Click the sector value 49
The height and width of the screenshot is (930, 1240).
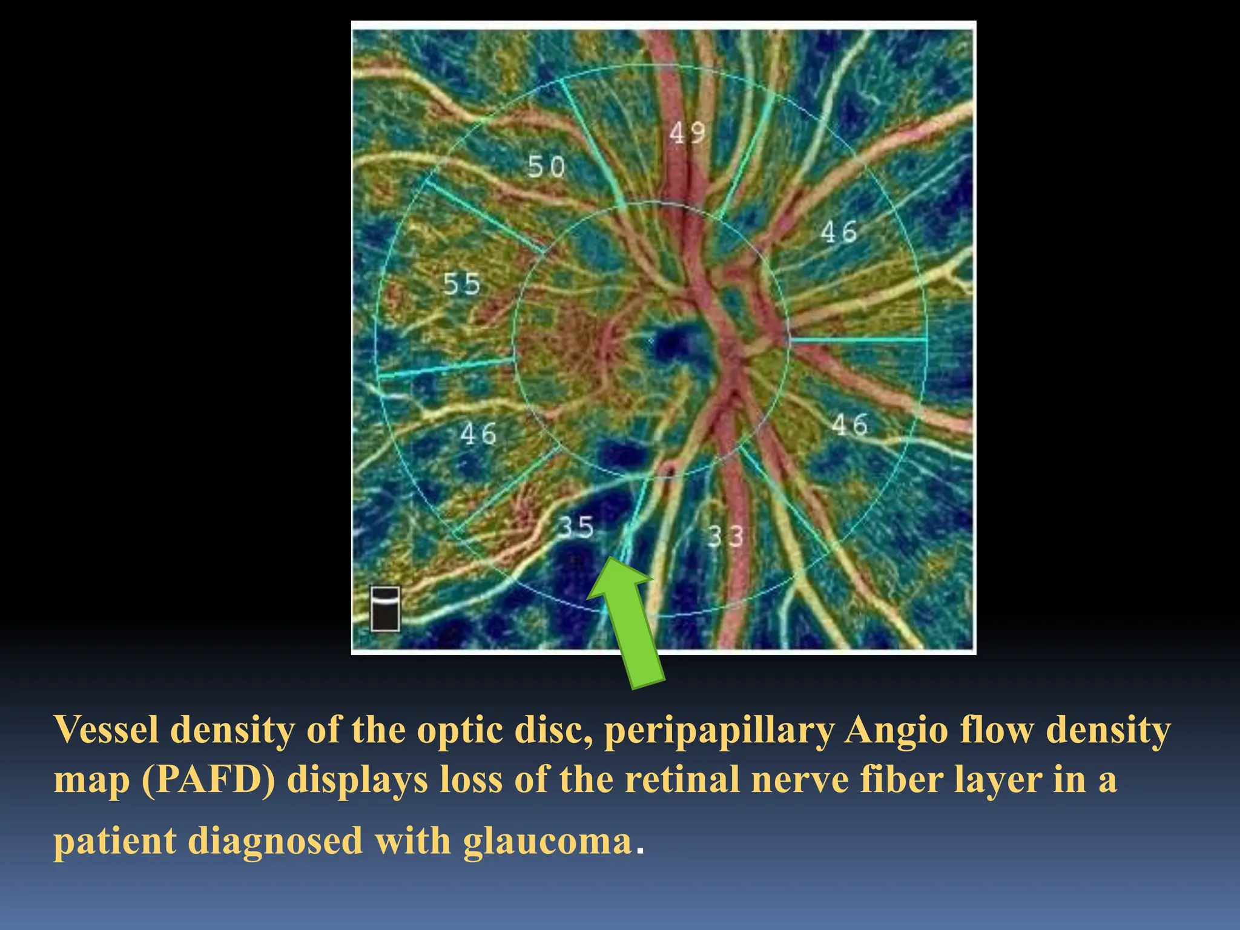pos(687,133)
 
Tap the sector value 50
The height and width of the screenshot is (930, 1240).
pos(546,167)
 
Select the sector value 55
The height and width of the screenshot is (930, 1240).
pos(461,284)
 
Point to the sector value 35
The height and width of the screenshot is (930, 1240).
pos(575,527)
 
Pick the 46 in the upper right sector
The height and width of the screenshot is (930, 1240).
pos(839,232)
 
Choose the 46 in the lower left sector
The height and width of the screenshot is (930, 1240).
pos(478,434)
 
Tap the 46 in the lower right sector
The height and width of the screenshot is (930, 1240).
pos(849,424)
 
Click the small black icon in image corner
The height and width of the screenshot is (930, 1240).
pos(385,608)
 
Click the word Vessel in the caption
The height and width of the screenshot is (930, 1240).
pos(107,730)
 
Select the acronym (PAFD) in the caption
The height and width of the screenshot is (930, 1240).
pos(208,779)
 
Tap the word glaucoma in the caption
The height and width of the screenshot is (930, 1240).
pos(547,841)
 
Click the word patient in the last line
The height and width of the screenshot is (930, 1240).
pos(114,841)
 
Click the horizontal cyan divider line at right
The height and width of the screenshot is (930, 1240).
pos(858,340)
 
